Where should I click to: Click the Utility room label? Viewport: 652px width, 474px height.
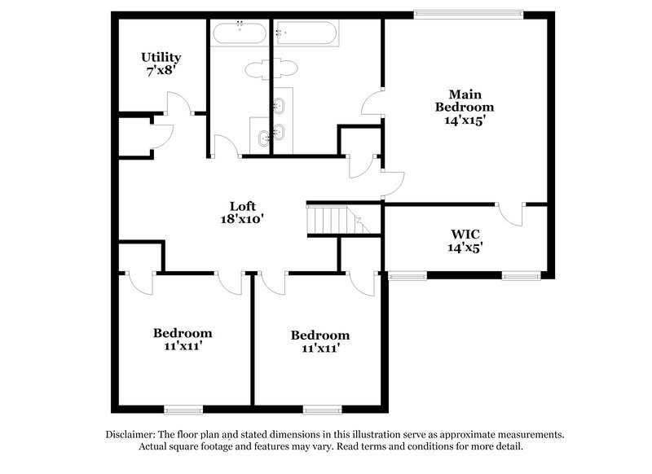[161, 58]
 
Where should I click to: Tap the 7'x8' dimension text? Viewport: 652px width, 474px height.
[161, 71]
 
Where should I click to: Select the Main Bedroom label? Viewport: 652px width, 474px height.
[465, 99]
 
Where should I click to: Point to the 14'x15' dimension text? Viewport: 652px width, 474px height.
[465, 120]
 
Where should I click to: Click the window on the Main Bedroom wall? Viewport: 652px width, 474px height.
[469, 12]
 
